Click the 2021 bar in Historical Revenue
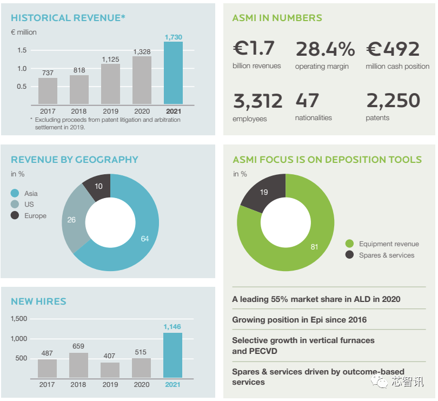pyautogui.click(x=173, y=73)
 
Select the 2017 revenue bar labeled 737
pyautogui.click(x=48, y=91)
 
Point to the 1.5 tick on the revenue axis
pyautogui.click(x=22, y=50)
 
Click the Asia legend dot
pyautogui.click(x=15, y=193)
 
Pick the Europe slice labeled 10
pyautogui.click(x=98, y=186)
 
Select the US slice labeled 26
pyautogui.click(x=71, y=220)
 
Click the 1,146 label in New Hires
pyautogui.click(x=172, y=327)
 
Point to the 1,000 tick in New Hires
pyautogui.click(x=19, y=339)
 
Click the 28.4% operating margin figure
pyautogui.click(x=325, y=49)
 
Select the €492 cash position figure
pyautogui.click(x=393, y=49)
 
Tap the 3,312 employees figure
pyautogui.click(x=257, y=101)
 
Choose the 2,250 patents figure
pyautogui.click(x=393, y=101)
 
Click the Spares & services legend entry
pyautogui.click(x=386, y=255)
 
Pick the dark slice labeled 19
pyautogui.click(x=263, y=193)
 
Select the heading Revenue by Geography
pyautogui.click(x=75, y=160)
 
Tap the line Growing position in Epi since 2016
pyautogui.click(x=299, y=320)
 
